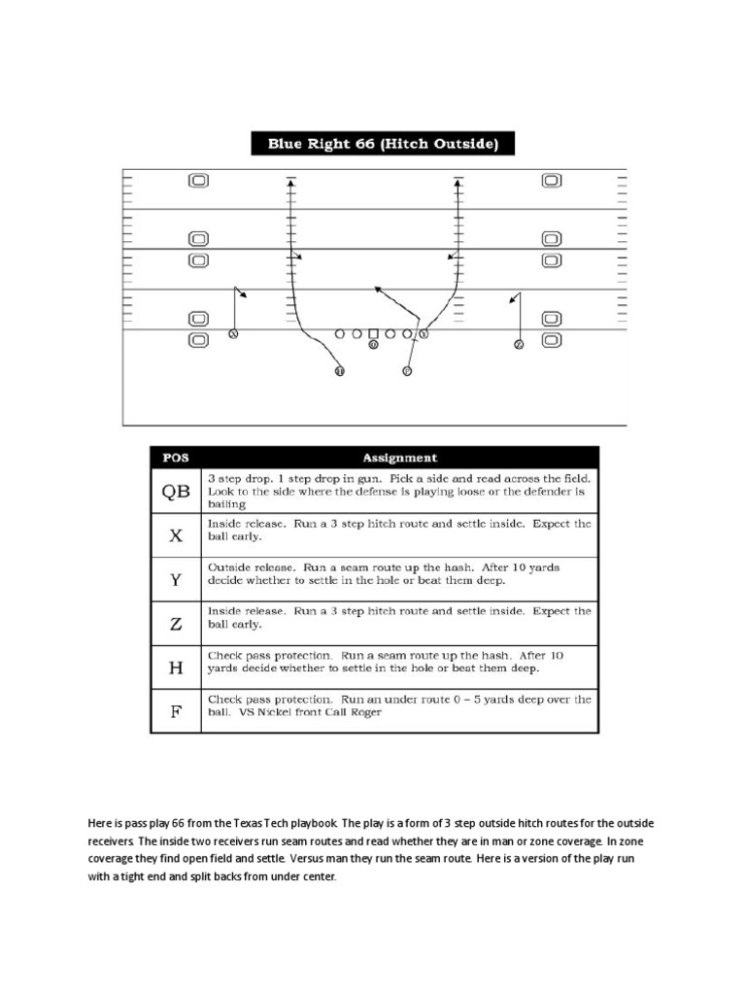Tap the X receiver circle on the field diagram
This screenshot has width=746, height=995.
(x=232, y=334)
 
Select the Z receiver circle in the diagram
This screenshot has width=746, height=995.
(x=519, y=344)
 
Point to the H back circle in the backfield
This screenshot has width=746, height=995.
(x=339, y=370)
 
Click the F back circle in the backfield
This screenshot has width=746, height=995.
(x=407, y=370)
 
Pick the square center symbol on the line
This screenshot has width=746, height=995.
(x=373, y=333)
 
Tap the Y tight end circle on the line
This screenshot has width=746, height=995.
(x=424, y=333)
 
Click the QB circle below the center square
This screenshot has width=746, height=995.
(x=373, y=343)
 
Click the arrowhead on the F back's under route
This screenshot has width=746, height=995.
(x=378, y=289)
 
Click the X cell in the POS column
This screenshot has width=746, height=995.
(x=175, y=533)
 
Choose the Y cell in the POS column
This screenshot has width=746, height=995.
(x=175, y=578)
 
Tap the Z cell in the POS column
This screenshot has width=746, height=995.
(x=175, y=623)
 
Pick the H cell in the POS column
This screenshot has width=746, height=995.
(x=175, y=667)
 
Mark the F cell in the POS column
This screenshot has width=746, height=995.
(x=175, y=710)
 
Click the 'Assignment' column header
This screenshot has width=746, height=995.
(x=399, y=458)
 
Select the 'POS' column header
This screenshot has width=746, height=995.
(x=175, y=458)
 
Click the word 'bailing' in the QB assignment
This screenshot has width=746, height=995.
(x=226, y=504)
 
